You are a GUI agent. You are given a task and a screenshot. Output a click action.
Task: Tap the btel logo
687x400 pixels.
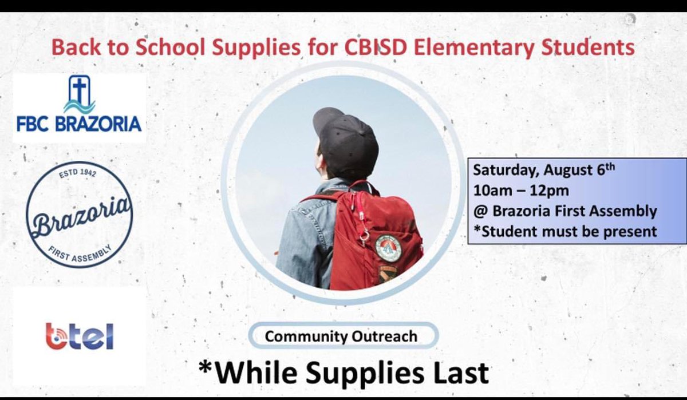(79, 335)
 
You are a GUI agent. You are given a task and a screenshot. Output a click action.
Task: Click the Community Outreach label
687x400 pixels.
(341, 336)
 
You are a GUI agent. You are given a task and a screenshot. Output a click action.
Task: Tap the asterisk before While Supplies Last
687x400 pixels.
(206, 368)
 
